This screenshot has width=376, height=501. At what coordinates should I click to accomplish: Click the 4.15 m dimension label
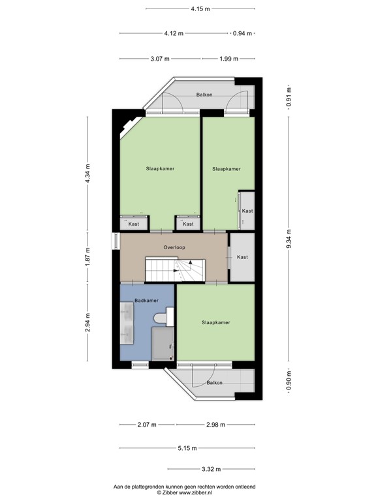pos(200,9)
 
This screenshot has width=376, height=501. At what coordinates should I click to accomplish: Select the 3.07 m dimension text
pos(160,59)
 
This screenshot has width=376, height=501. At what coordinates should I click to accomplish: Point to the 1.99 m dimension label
pos(228,59)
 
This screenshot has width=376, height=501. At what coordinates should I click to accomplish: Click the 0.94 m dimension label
pos(242,33)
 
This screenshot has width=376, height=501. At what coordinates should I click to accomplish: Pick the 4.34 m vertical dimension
pos(88,174)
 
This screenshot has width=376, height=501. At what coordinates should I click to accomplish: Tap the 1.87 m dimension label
pos(88,257)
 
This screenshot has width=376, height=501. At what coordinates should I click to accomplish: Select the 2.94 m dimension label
pos(88,322)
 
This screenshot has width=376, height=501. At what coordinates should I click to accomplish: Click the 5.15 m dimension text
pos(187,448)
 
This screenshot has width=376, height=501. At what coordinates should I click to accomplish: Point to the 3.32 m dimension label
pos(210,469)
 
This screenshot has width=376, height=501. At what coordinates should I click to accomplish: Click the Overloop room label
pos(174,248)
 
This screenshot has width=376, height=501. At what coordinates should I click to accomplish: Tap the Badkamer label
pos(146,300)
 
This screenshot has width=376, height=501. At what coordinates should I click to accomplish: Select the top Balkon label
pos(204,95)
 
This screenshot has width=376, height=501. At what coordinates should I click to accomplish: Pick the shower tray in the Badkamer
pos(162,343)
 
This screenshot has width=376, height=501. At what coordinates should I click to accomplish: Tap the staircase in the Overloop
pos(175,269)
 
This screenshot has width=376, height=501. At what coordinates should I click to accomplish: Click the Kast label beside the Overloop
pos(242,257)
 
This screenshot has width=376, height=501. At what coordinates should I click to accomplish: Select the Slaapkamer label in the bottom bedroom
pos(216,322)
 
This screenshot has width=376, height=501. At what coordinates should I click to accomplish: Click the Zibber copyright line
pos(185,493)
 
